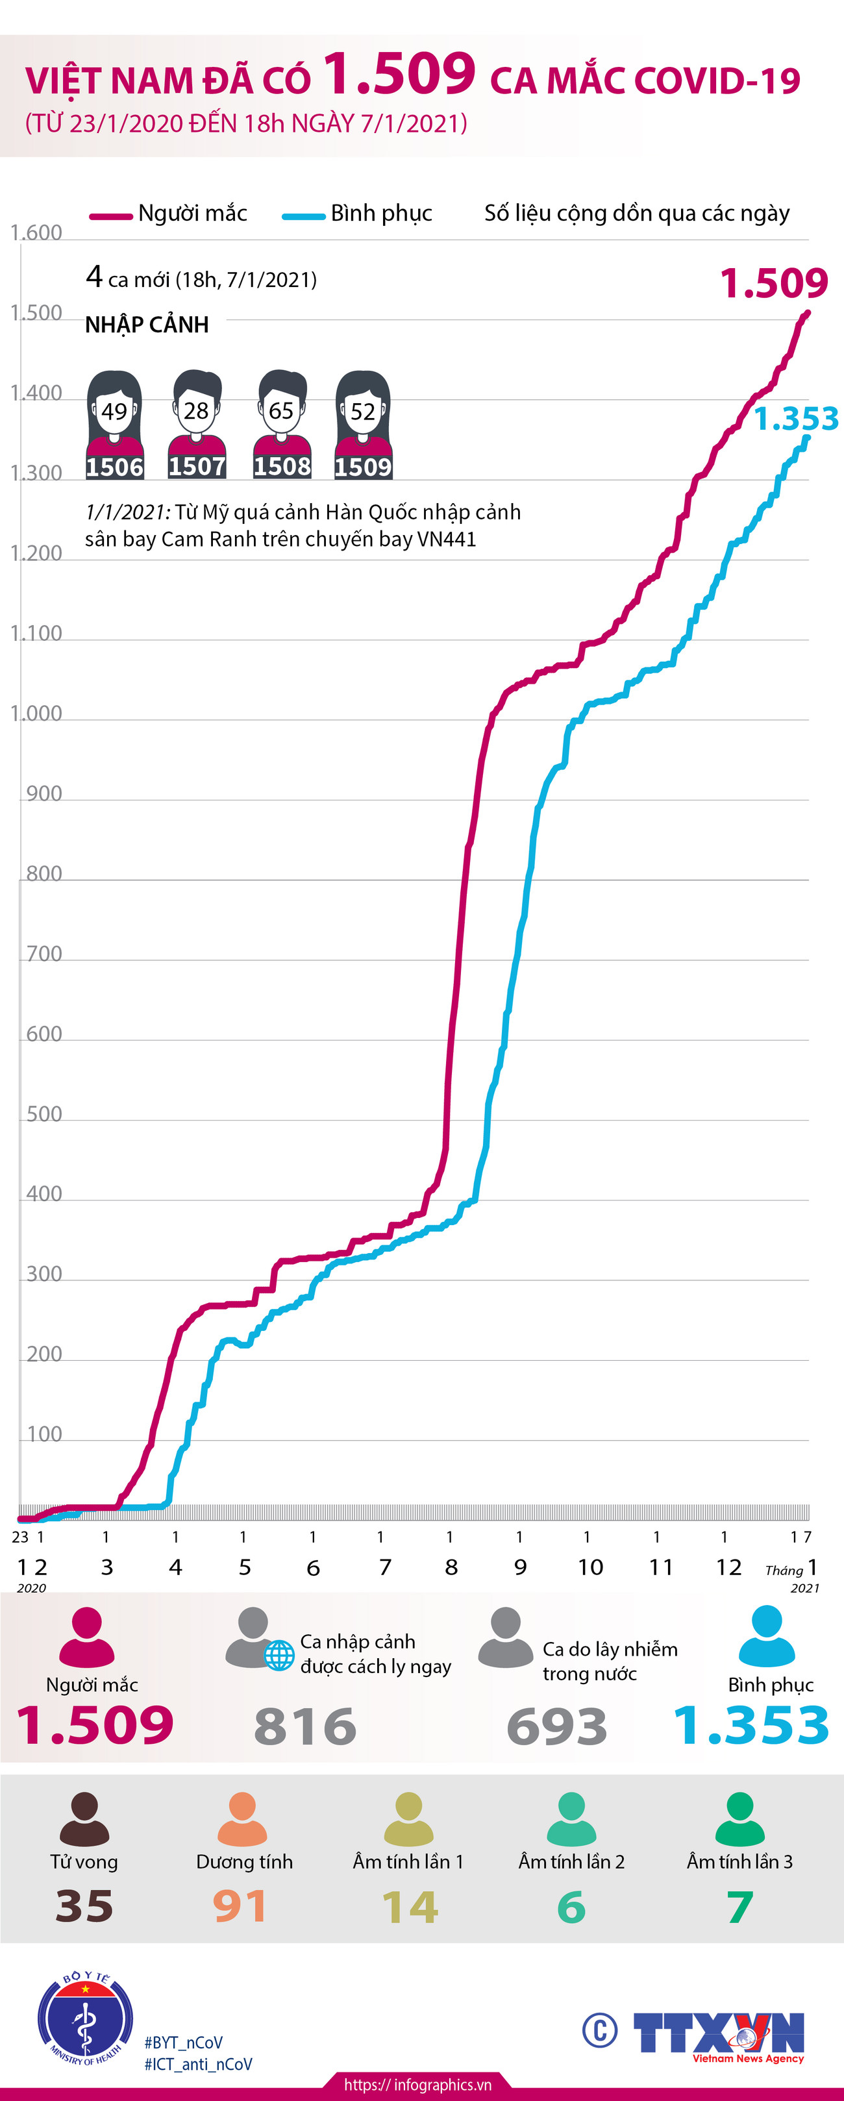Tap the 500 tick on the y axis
point(44,1114)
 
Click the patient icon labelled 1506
point(115,424)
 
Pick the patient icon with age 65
point(281,424)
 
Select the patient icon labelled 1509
point(363,424)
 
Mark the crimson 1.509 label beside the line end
point(774,283)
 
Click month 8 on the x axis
point(451,1567)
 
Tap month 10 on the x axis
point(590,1567)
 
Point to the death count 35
point(84,1906)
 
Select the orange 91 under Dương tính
point(241,1906)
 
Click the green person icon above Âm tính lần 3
point(739,1820)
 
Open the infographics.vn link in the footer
point(417,2085)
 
